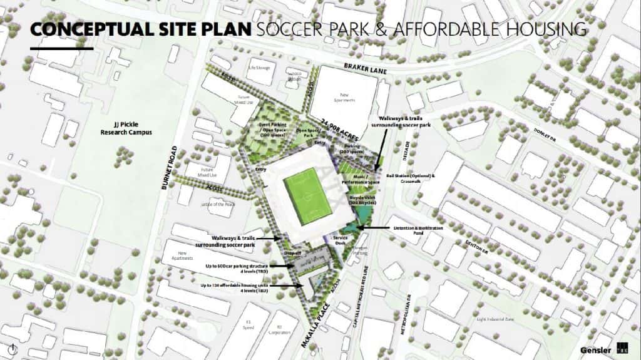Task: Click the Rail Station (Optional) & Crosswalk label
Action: click(410, 178)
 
